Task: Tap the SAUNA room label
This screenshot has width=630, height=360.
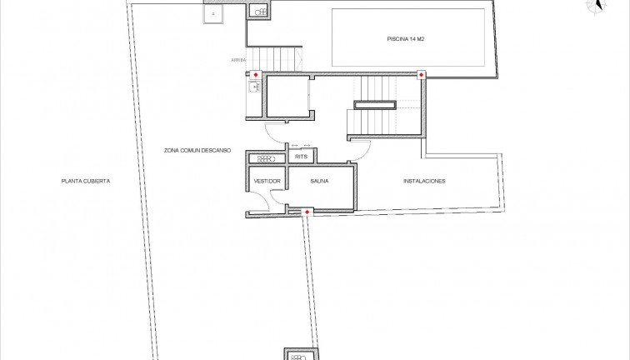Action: [319, 181]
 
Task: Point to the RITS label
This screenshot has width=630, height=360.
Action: [302, 156]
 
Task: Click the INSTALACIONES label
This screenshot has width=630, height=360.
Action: [424, 181]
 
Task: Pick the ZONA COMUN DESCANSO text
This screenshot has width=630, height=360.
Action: [197, 151]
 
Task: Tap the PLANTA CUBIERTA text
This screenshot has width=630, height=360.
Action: [86, 181]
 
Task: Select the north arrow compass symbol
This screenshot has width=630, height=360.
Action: [596, 6]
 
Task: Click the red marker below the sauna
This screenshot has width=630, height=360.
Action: [307, 214]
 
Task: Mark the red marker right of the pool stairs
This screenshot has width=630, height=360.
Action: [421, 76]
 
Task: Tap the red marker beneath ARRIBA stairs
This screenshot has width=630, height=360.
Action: [255, 76]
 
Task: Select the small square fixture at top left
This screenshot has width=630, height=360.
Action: [215, 14]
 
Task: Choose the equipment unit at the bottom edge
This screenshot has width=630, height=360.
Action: [298, 355]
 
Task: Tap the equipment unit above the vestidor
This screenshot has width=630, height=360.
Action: [265, 157]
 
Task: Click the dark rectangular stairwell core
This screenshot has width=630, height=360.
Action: [374, 104]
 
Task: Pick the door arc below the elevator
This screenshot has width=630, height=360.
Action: [274, 133]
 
